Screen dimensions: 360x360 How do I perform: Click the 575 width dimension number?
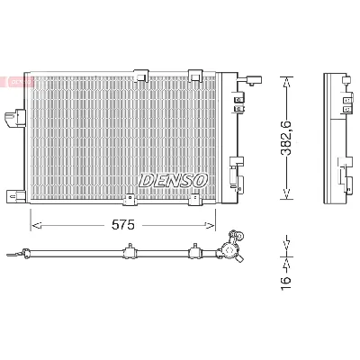[123, 225]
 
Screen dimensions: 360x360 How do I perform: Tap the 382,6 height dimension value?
[286, 139]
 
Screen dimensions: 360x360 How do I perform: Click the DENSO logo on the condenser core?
[173, 180]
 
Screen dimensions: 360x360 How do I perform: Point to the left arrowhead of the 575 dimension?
[36, 225]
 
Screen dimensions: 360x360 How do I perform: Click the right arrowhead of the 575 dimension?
[210, 225]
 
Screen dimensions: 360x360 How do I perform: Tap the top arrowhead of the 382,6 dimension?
[287, 82]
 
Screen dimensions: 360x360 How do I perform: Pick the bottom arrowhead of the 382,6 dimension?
[287, 194]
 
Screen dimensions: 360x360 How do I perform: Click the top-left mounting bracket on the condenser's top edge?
[141, 76]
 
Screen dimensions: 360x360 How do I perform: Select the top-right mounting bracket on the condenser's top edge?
[195, 76]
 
